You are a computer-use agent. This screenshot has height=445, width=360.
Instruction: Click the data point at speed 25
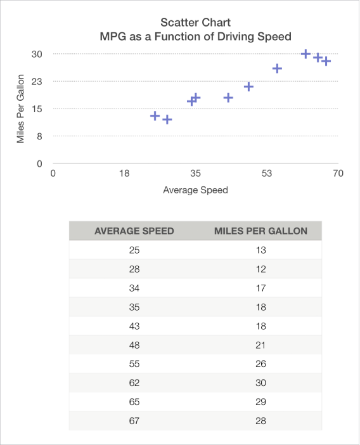pyautogui.click(x=155, y=116)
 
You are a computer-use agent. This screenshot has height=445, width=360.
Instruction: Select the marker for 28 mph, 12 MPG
pyautogui.click(x=167, y=119)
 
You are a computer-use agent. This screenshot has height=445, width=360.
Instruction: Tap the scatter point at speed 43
pyautogui.click(x=228, y=98)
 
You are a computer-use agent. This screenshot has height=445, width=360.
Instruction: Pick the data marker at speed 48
pyautogui.click(x=248, y=86)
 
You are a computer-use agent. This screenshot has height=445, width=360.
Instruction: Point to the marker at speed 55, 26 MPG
pyautogui.click(x=277, y=68)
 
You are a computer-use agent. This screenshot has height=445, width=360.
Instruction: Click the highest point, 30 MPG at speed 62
pyautogui.click(x=305, y=55)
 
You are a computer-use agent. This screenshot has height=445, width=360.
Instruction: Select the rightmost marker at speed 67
pyautogui.click(x=326, y=61)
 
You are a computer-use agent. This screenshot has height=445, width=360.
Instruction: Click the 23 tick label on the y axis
pyautogui.click(x=37, y=82)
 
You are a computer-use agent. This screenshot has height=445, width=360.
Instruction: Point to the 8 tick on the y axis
pyautogui.click(x=39, y=136)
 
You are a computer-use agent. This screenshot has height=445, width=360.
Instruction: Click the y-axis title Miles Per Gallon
pyautogui.click(x=21, y=108)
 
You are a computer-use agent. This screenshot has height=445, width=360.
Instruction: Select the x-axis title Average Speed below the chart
pyautogui.click(x=195, y=190)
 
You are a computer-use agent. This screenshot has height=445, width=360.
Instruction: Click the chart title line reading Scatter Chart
pyautogui.click(x=195, y=22)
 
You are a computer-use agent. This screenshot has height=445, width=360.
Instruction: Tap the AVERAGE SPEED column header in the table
pyautogui.click(x=134, y=231)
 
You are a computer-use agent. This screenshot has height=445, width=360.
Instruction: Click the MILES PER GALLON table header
pyautogui.click(x=260, y=231)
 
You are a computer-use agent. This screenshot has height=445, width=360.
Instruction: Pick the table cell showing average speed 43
pyautogui.click(x=134, y=326)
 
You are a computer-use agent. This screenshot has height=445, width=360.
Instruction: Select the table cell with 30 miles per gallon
pyautogui.click(x=260, y=383)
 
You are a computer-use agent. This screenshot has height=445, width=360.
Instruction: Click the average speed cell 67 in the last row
pyautogui.click(x=134, y=421)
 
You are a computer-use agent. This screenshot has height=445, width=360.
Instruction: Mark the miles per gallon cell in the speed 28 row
pyautogui.click(x=260, y=269)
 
